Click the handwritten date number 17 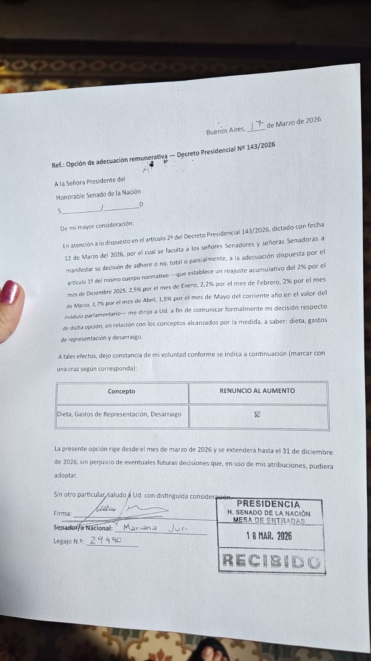click(x=257, y=125)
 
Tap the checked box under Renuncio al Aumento click(x=257, y=414)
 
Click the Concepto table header click(x=122, y=391)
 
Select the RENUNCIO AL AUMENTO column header click(x=257, y=391)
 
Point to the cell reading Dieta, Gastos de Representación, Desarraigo click(x=119, y=414)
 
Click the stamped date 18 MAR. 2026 click(x=269, y=536)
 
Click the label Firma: click(x=63, y=513)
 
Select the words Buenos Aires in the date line click(x=225, y=131)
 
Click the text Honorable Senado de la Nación click(x=98, y=194)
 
